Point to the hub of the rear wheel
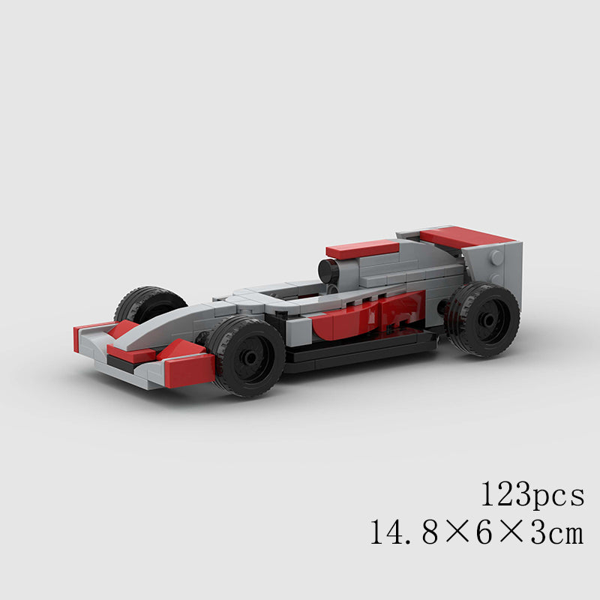(487, 318)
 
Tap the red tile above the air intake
(362, 249)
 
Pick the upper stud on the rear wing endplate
(496, 256)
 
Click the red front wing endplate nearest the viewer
(187, 369)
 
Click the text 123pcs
(532, 495)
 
